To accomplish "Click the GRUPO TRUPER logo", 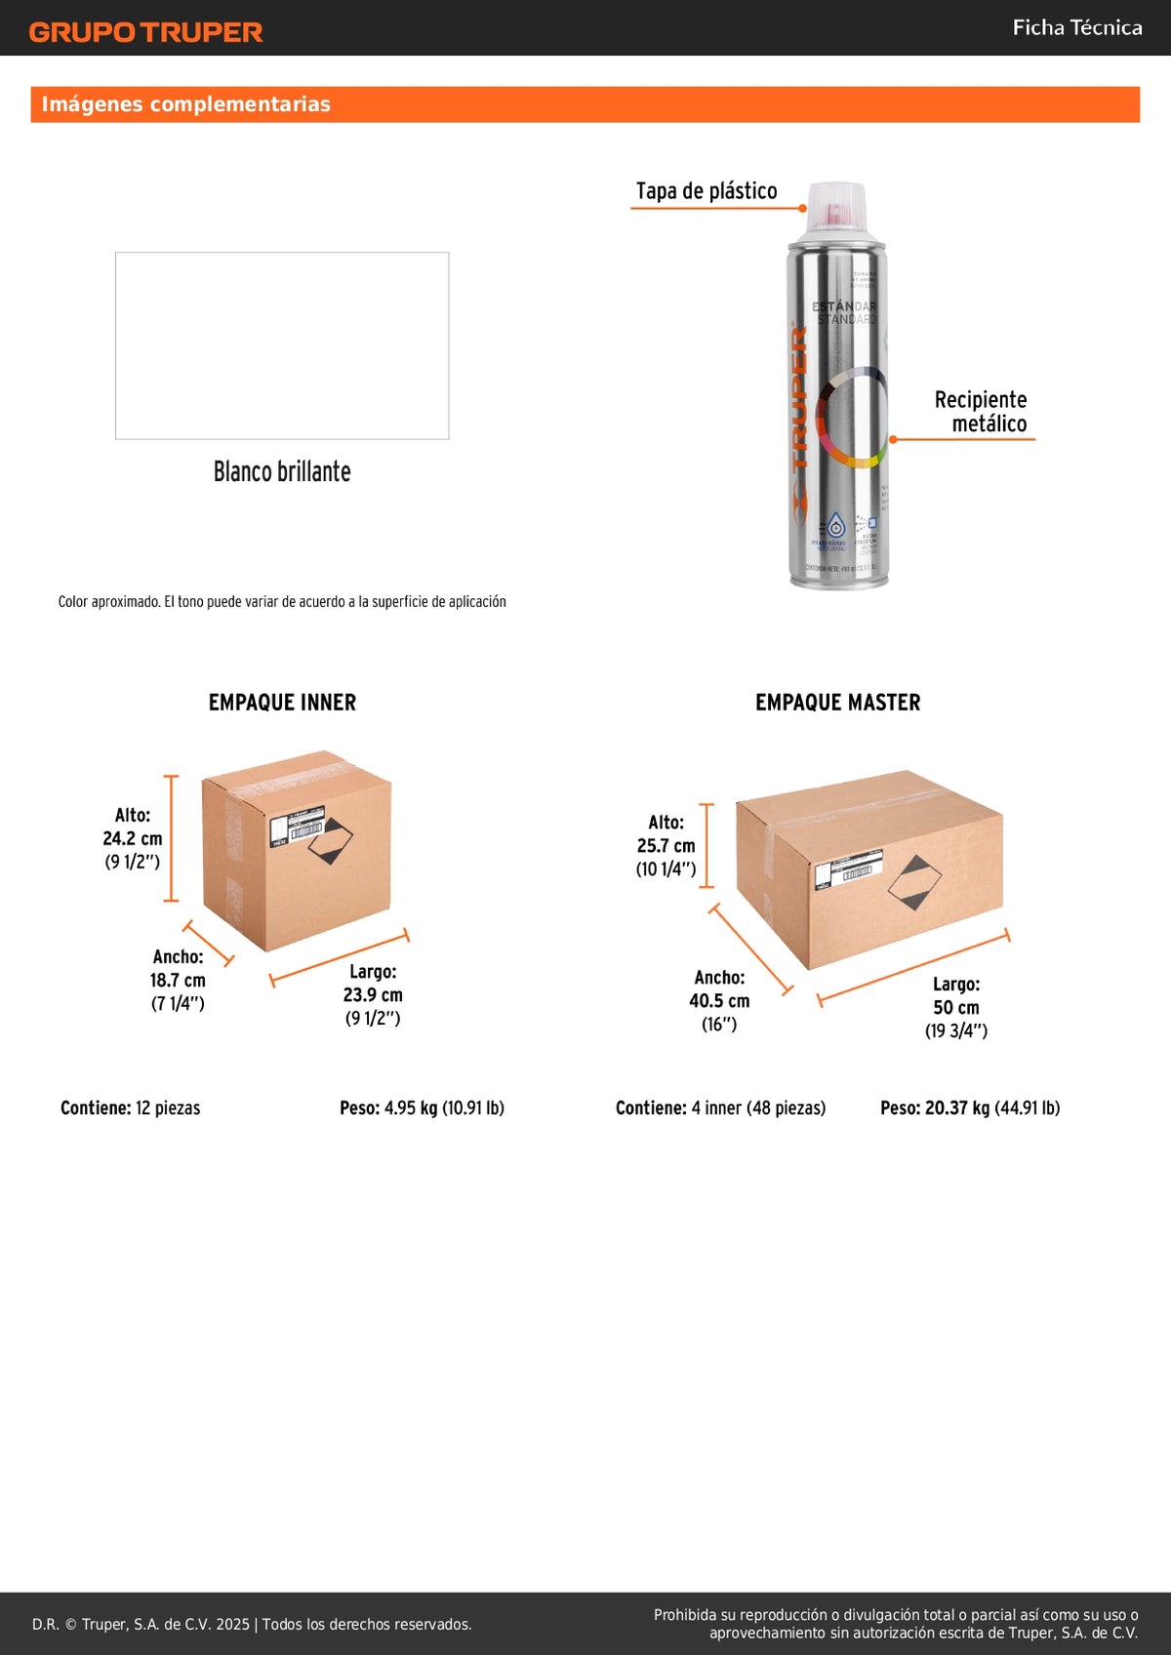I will pos(146,32).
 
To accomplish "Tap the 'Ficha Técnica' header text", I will pos(1076,27).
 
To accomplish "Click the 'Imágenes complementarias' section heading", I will pos(185,104).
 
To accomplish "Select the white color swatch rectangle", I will pos(282,345).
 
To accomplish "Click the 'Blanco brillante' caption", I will pos(282,471).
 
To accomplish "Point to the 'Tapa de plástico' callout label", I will pos(707,190).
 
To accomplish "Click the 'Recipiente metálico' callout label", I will pos(981,411).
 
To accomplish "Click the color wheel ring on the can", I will pos(851,418).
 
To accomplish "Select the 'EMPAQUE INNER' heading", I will pos(282,703).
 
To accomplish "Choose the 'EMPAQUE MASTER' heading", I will pos(837,703).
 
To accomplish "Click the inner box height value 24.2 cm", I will pos(133,838).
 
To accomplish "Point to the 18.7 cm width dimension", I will pos(178,980).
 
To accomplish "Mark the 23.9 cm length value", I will pos(373,994).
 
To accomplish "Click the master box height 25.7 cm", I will pos(666,846).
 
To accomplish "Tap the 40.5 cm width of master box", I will pos(719,1000).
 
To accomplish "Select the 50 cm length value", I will pos(956,1007).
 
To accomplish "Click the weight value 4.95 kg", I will pos(410,1108).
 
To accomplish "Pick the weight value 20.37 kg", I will pos(957,1108).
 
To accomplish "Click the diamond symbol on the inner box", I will pos(331,841).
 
